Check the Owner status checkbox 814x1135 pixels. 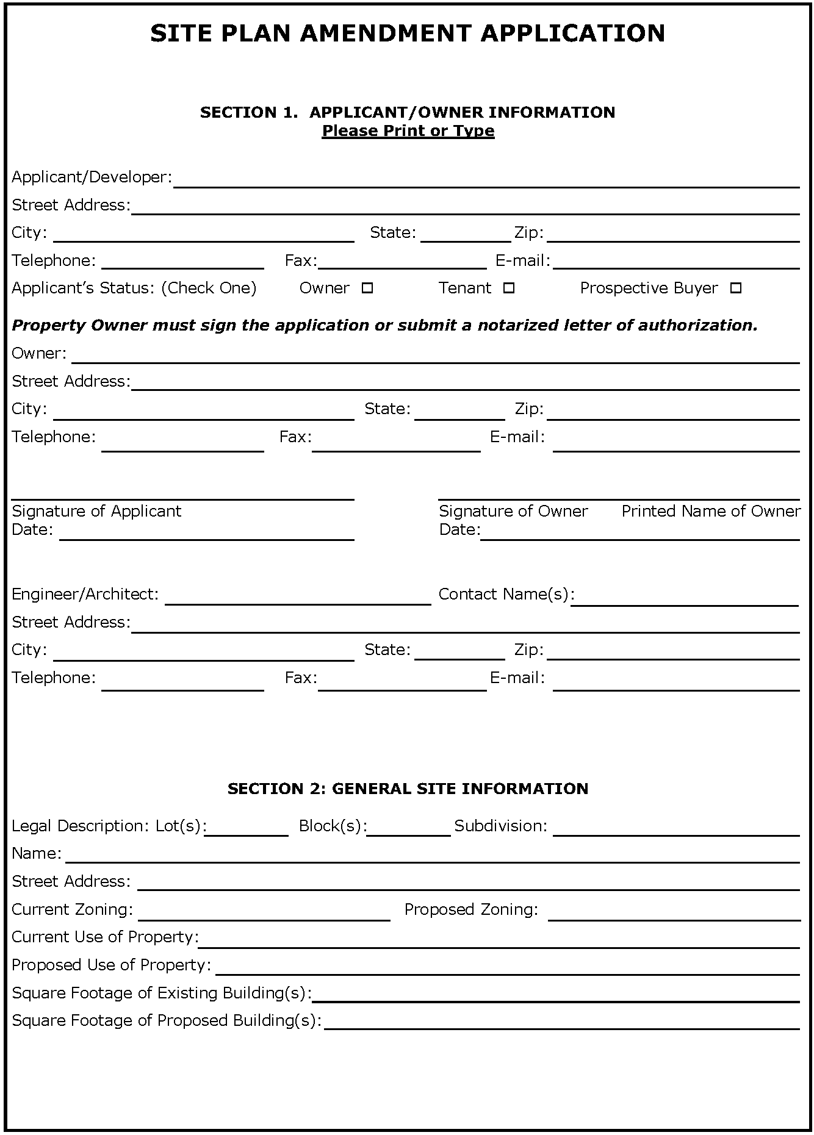tap(367, 288)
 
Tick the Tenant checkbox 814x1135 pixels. tap(509, 288)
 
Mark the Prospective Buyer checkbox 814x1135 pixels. tap(736, 288)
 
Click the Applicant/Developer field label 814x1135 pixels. tap(92, 177)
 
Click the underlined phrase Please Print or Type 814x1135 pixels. tap(408, 131)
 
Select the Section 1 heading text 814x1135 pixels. tap(408, 112)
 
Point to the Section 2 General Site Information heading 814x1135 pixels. tap(408, 789)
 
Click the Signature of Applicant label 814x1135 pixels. tap(96, 511)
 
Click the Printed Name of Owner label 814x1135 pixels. tap(711, 511)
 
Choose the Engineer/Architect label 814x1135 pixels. tap(85, 594)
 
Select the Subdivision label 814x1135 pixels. tap(500, 826)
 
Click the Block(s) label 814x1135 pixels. tap(333, 826)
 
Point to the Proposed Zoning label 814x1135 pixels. tap(471, 909)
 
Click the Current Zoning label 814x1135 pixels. tap(72, 909)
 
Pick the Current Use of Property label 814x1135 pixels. tap(105, 937)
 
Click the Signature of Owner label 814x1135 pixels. tap(513, 511)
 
